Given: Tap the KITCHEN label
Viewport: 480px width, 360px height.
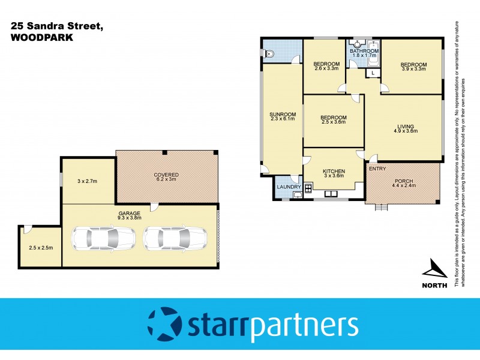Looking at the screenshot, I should [334, 171].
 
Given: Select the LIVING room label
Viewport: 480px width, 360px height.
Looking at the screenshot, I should [405, 126].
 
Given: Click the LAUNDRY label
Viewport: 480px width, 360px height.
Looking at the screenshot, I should [289, 187].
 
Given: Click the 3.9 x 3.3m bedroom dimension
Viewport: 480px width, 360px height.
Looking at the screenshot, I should [413, 69].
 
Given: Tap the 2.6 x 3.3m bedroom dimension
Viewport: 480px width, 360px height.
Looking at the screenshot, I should [326, 69].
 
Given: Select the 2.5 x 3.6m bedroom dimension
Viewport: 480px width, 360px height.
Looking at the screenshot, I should [333, 122].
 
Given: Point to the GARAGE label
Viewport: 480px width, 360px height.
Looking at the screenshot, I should [129, 214].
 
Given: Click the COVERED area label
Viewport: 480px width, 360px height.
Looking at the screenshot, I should [166, 175].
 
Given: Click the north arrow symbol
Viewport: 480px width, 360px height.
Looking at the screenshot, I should [437, 270].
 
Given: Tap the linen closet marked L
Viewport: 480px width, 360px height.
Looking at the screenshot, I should [373, 73].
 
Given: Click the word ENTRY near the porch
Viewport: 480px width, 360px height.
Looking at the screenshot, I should [377, 169].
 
